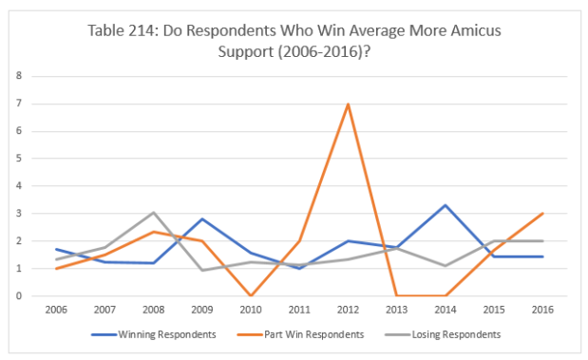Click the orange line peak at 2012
349,104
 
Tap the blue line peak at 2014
446,205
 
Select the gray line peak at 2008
153,212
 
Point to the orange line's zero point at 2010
251,295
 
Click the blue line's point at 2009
202,218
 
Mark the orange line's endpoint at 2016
542,214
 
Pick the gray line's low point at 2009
202,270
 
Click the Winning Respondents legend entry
154,334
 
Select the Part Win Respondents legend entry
301,334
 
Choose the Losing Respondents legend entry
443,334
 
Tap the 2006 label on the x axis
56,310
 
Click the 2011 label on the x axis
299,310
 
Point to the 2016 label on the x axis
542,310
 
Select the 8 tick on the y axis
19,76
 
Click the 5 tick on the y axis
19,159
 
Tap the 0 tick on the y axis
19,295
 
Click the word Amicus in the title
476,30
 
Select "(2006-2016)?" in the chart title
324,51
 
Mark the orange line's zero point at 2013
397,295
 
